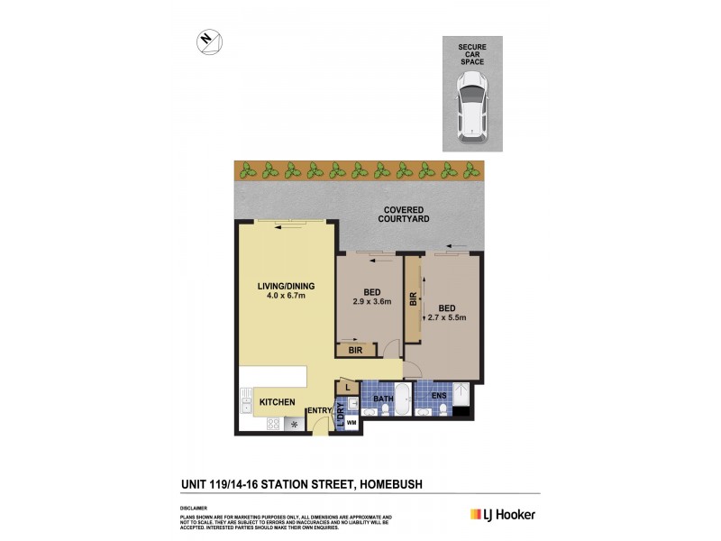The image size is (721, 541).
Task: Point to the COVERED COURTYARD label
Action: click(402, 214)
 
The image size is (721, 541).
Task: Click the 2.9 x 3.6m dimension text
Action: click(370, 302)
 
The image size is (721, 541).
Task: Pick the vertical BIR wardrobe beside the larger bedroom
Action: click(413, 298)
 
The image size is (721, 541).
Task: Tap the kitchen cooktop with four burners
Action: click(294, 424)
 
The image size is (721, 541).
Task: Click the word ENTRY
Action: click(320, 411)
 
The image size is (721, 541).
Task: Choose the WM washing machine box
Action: click(351, 421)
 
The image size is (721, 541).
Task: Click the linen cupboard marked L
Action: click(348, 388)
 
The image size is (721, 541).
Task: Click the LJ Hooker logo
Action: click(503, 514)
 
